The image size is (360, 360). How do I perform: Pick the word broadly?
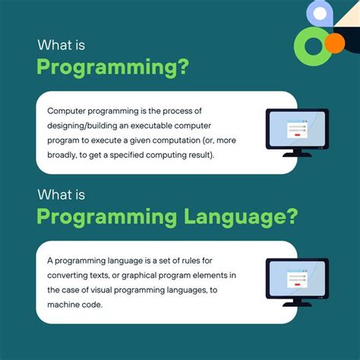[64, 155]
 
